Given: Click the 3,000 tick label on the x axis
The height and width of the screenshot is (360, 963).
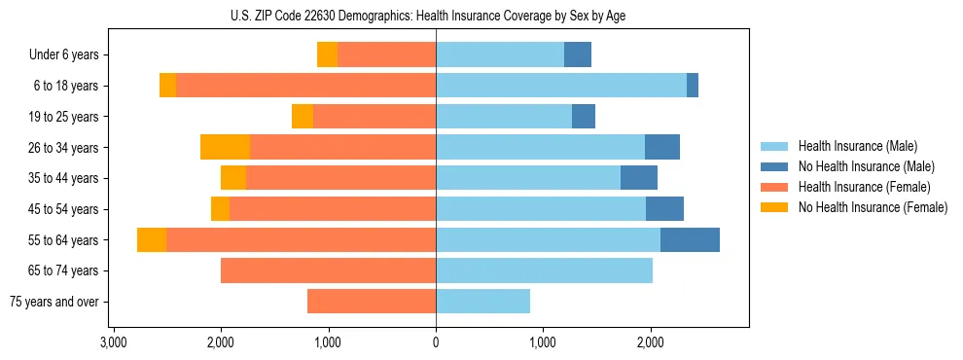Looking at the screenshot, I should click(x=113, y=342).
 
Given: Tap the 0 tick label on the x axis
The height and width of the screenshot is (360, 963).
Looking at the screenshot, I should click(x=436, y=342).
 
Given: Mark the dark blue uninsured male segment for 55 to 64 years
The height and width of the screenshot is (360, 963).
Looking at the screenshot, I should click(x=690, y=239).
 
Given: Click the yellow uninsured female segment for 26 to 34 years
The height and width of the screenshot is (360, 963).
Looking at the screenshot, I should click(x=225, y=147).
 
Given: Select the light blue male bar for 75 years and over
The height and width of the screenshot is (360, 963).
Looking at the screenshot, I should click(x=482, y=302).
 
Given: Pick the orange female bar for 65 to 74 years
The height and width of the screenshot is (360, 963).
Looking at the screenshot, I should click(x=328, y=270).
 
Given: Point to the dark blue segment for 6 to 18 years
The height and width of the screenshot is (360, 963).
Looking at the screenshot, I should click(x=693, y=86).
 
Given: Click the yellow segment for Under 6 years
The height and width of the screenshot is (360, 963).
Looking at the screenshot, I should click(x=327, y=54).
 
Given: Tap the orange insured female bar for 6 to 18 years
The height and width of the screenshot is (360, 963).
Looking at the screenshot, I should click(x=305, y=86).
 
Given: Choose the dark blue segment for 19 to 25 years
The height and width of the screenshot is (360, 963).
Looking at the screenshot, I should click(x=584, y=116).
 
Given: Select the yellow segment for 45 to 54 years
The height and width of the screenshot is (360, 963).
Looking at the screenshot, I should click(x=220, y=208).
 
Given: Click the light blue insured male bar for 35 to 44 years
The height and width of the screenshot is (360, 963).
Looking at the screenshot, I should click(x=528, y=178).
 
